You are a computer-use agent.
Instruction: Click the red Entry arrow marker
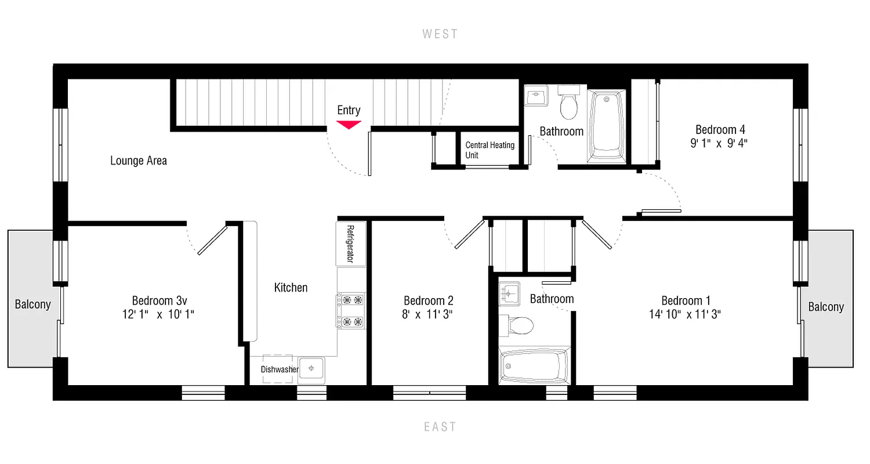click(x=349, y=124)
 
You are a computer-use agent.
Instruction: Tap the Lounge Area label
click(x=139, y=161)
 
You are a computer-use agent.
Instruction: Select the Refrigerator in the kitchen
click(x=350, y=244)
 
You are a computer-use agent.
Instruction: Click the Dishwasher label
click(x=279, y=369)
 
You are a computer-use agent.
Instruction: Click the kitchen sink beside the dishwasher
click(x=311, y=369)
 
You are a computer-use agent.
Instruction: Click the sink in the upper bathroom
click(x=535, y=96)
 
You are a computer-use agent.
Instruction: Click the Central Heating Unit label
click(x=490, y=150)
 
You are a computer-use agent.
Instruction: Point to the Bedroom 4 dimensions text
click(x=719, y=144)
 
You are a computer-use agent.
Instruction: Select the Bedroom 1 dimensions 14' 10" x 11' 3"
click(x=686, y=315)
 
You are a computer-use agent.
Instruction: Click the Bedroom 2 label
click(x=428, y=300)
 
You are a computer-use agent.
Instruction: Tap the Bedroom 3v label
click(x=159, y=300)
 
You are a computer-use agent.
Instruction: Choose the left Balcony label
click(x=32, y=304)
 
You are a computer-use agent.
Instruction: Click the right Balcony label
click(x=826, y=307)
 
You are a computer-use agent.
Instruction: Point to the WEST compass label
click(x=440, y=34)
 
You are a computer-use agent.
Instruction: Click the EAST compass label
click(x=440, y=427)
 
